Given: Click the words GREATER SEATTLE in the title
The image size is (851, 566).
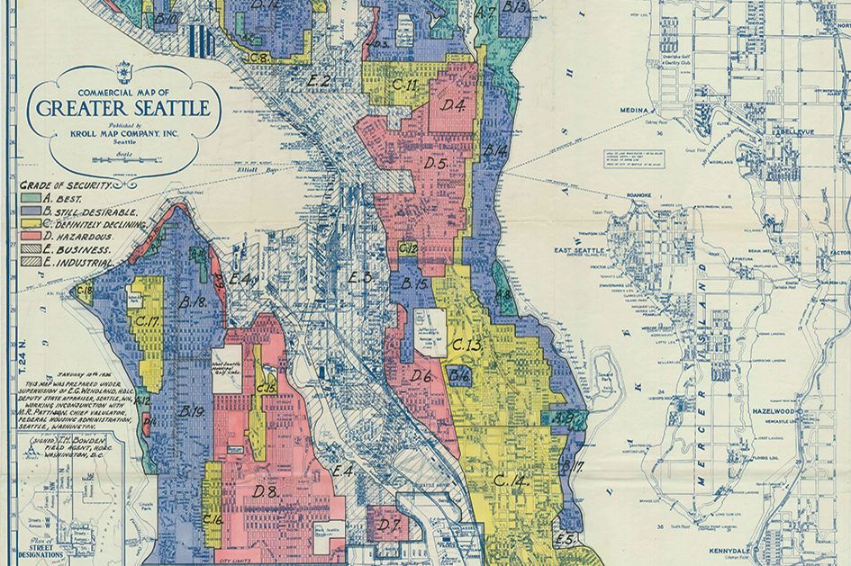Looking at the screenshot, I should point(123,110).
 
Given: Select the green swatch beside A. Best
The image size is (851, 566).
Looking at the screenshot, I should point(30,197).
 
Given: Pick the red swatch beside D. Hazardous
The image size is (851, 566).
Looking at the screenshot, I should point(30,236).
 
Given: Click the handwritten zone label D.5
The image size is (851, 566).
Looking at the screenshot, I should point(436,164).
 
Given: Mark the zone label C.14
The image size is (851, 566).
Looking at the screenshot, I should point(509,481).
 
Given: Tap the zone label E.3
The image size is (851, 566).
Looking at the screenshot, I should point(359,278).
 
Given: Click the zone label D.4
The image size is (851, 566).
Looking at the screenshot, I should point(453,106).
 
